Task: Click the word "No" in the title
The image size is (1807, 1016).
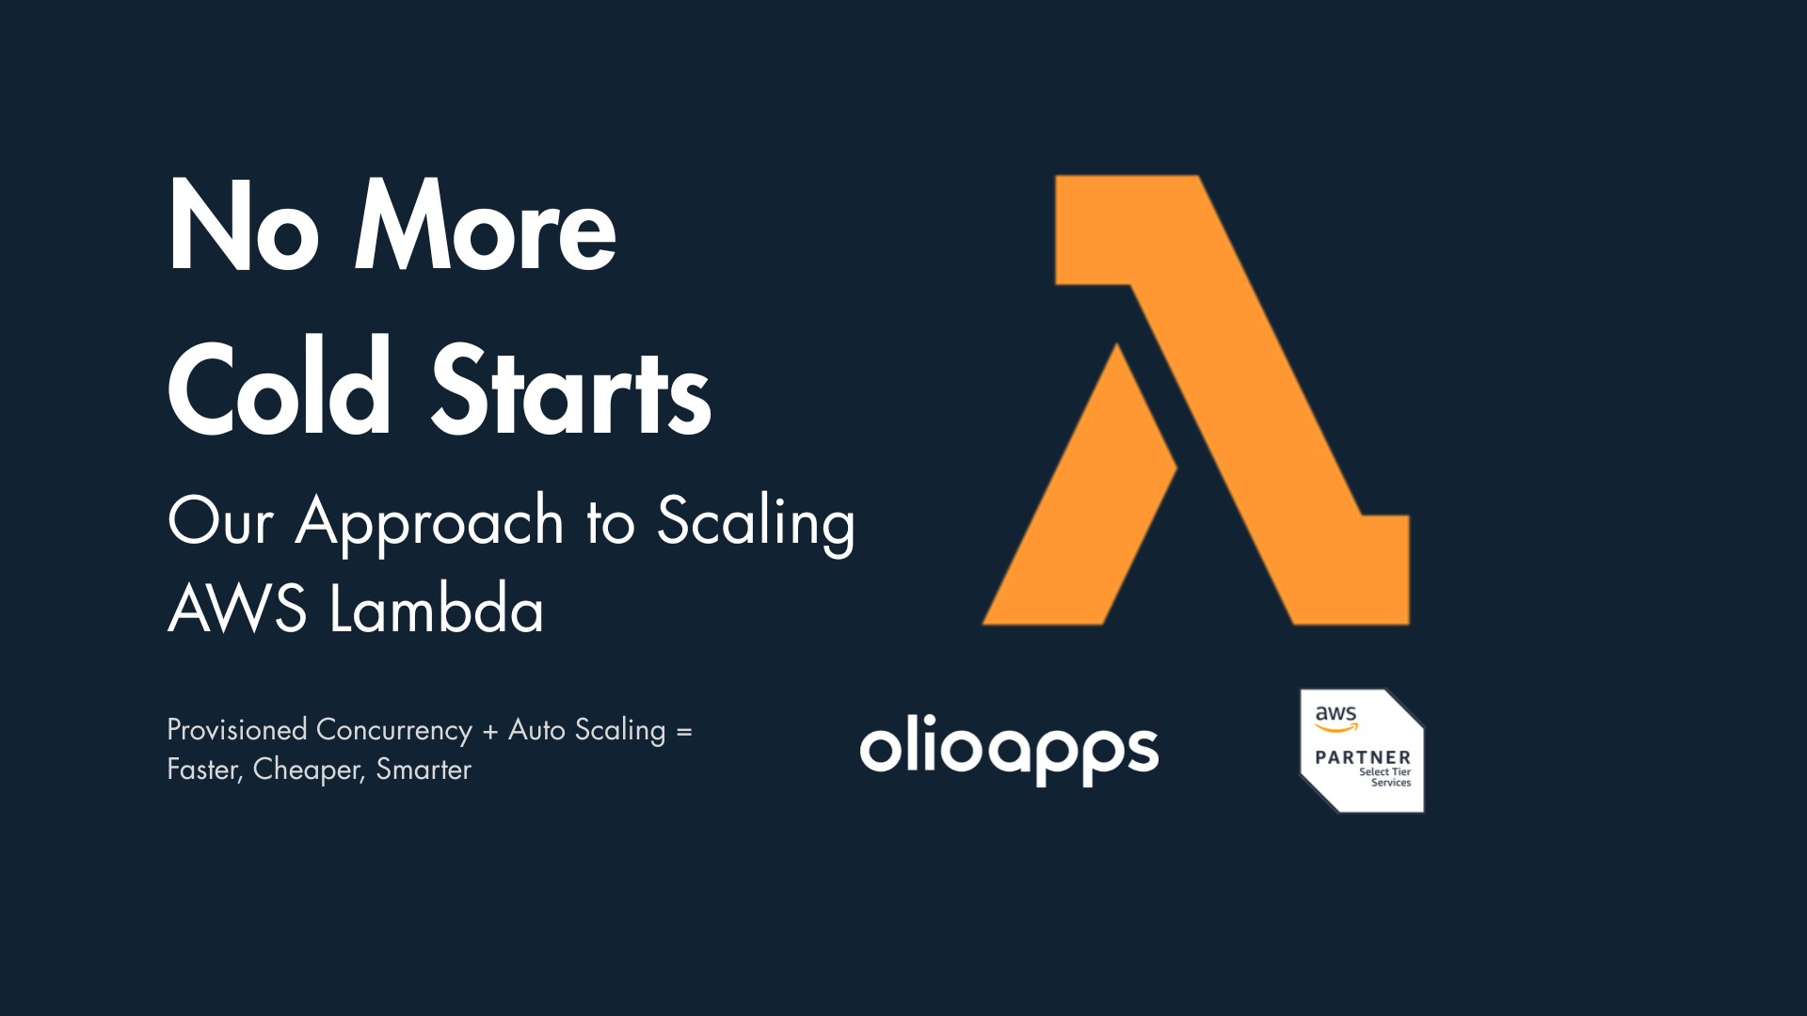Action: [243, 228]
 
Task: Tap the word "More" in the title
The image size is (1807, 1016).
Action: [485, 228]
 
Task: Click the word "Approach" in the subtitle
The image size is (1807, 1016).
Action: [429, 522]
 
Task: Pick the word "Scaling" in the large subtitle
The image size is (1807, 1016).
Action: [756, 522]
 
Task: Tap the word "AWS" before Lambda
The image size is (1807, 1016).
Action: [237, 610]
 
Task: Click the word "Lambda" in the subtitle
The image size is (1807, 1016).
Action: [437, 610]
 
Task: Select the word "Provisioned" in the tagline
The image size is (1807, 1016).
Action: [237, 730]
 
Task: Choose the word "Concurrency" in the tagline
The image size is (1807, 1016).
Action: [394, 731]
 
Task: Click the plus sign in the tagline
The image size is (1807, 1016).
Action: [489, 731]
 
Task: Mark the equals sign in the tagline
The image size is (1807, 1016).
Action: [684, 731]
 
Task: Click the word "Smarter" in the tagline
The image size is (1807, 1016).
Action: [424, 770]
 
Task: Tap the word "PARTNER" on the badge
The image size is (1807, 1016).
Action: [1363, 757]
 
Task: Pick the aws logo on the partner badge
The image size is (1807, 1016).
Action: [1336, 717]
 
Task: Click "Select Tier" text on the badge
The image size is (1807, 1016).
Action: [1384, 771]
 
